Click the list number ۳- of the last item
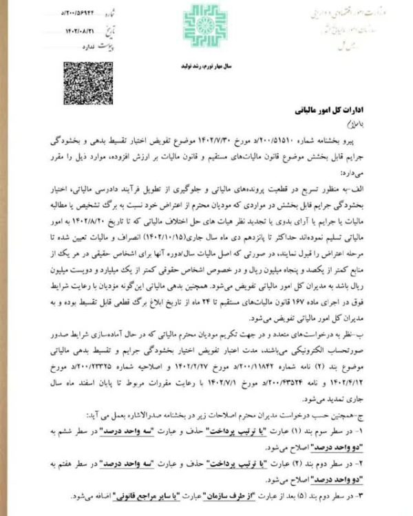click(375, 496)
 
